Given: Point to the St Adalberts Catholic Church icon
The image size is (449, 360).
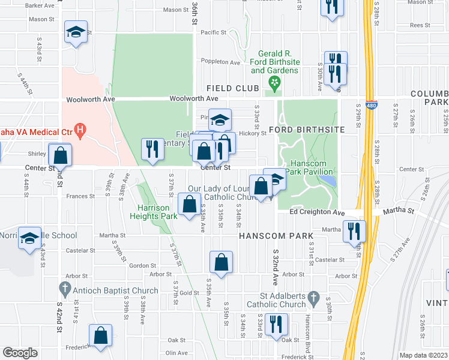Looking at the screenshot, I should pos(313,297).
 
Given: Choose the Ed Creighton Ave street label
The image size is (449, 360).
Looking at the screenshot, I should pos(317,212).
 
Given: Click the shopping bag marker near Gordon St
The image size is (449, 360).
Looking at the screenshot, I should pos(221,262).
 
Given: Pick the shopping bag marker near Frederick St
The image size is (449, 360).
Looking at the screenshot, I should pos(100,335).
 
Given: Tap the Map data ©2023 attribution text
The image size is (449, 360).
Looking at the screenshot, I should pos(423,355).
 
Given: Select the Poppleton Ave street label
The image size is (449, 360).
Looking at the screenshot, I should pos(222,62).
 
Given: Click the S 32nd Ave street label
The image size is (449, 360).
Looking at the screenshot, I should pos(275,268).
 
